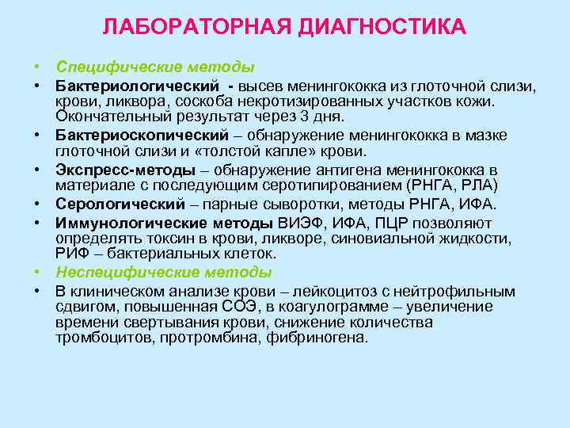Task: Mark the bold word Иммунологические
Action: click(x=127, y=222)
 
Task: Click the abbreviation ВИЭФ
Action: click(x=300, y=222)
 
